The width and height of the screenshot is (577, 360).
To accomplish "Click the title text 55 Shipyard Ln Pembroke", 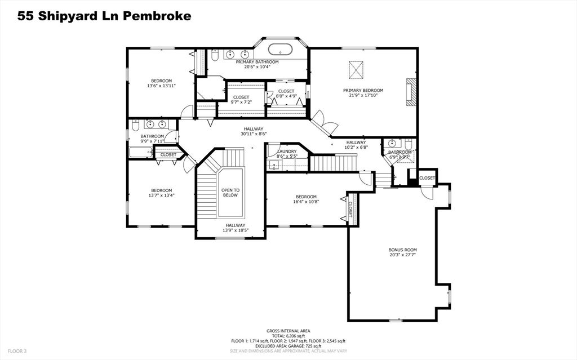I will pos(104,16).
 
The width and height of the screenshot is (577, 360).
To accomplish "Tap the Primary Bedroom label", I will pos(363,90).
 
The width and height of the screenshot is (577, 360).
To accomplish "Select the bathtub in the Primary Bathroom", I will pos(280,48).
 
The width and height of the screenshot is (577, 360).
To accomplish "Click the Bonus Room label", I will pos(402,250).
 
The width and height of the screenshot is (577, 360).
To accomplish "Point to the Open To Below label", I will pos(230,193).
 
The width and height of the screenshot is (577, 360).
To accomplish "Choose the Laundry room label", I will pos(287,152).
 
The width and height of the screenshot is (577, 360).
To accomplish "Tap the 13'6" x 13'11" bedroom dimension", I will pos(161,86).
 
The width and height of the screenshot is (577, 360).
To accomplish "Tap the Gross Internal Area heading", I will pos(288,331).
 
